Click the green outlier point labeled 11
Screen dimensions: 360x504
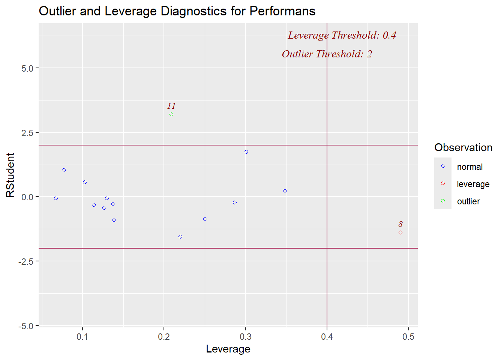pos(171,114)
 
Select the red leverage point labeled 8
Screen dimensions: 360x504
pos(400,232)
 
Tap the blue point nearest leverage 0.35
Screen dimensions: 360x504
pos(285,191)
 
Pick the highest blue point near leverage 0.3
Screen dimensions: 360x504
pos(246,152)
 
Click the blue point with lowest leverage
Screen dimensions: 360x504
pos(56,198)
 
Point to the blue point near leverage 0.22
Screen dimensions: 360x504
pos(180,237)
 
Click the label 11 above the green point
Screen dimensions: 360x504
pos(171,106)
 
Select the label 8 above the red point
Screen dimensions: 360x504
pos(400,224)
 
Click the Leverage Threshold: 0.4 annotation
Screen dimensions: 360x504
pos(342,35)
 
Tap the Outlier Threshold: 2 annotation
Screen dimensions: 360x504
pos(327,54)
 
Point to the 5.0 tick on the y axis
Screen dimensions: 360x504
pos(27,68)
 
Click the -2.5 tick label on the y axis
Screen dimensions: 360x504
pos(26,261)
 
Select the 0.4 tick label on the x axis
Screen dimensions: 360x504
pos(327,337)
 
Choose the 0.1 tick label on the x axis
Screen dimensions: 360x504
pos(82,337)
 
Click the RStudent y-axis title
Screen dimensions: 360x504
pos(10,175)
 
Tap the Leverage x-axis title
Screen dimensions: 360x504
pos(228,349)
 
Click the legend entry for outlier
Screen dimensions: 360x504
pos(468,201)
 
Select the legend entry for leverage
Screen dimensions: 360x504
pos(473,184)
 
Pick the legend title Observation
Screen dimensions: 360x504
pos(463,147)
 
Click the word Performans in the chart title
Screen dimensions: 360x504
pos(282,11)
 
